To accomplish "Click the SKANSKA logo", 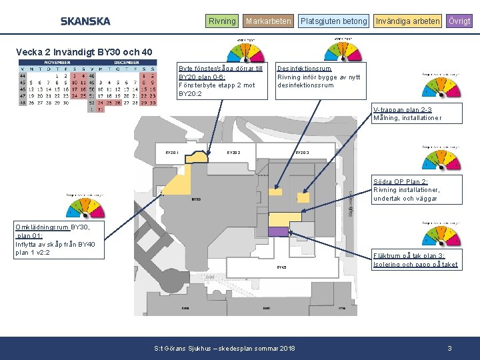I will (85, 21).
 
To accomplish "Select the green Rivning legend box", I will (222, 21).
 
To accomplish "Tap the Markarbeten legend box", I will (268, 21).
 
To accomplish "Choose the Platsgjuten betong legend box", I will (333, 21).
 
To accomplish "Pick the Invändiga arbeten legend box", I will (407, 21).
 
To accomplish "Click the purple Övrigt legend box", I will (459, 21).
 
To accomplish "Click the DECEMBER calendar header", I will (126, 61).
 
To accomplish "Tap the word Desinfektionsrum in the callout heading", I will (304, 69).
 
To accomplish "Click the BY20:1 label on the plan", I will (172, 153).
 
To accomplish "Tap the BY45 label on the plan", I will (281, 267).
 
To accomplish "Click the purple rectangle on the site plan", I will (278, 231).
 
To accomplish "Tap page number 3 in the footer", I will (450, 349).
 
